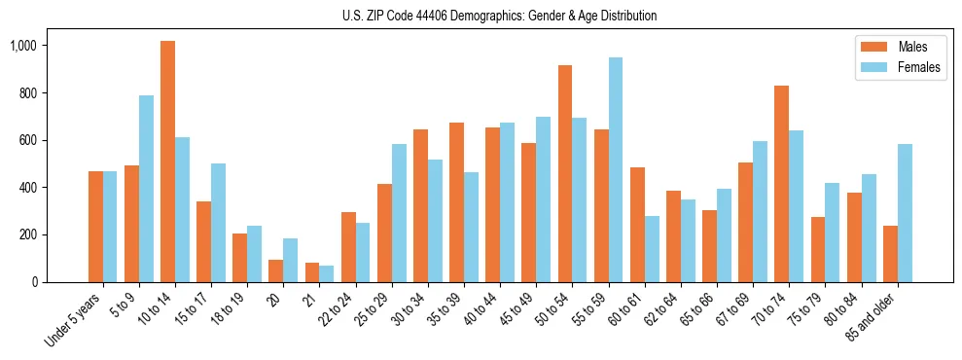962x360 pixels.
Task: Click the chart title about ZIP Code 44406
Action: click(500, 16)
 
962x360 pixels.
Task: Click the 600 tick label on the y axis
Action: click(26, 140)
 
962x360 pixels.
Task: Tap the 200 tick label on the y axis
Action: click(26, 234)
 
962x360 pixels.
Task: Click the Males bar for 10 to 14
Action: click(167, 162)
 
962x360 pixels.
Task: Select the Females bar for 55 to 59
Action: click(616, 169)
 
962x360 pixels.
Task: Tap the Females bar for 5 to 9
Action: click(146, 189)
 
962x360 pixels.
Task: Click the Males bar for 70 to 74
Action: click(781, 184)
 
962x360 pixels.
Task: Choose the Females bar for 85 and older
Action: click(905, 213)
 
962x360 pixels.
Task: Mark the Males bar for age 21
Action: click(312, 272)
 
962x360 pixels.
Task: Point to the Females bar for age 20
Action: click(291, 260)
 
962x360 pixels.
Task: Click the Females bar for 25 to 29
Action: click(399, 213)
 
